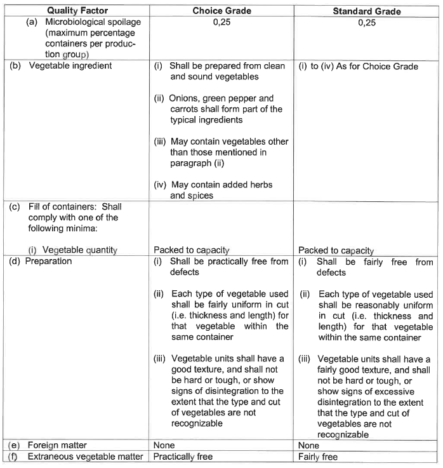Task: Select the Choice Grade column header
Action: [222, 11]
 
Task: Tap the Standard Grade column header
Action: [367, 11]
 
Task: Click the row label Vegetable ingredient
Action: [70, 66]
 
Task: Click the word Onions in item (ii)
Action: [185, 98]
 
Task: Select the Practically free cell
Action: [183, 456]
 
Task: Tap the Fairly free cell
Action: [319, 456]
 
